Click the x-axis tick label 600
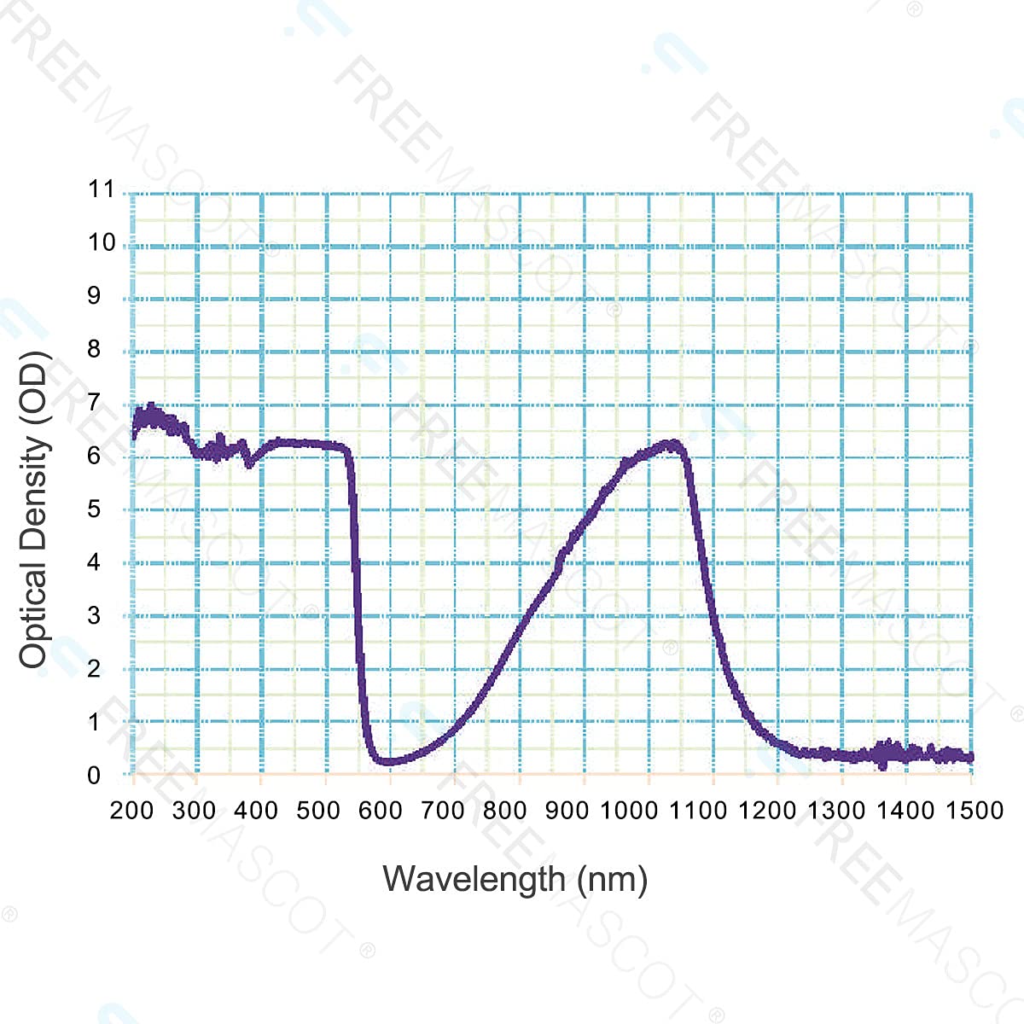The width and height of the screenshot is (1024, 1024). point(381,810)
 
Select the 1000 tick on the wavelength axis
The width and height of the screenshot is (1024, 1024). point(630,810)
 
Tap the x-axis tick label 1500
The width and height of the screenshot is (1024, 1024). point(975,810)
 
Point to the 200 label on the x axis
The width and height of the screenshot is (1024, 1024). point(131,810)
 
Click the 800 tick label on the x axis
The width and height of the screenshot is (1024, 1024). point(505,810)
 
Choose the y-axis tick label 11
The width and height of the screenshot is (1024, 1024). point(102,189)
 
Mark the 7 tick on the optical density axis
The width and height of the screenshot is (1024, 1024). point(94,402)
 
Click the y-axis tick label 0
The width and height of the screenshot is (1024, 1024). point(94,775)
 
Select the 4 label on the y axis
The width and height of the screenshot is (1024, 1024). point(94,561)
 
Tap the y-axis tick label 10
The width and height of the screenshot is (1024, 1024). point(102,242)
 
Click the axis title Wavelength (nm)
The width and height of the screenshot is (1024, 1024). point(515,879)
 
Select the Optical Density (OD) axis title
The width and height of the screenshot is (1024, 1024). point(34,509)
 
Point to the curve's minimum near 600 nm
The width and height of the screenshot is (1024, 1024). point(388,761)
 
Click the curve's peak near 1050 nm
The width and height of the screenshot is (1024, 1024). point(672,445)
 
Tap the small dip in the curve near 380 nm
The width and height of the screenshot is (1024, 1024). point(249,464)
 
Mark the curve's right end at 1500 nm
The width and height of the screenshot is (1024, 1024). point(970,757)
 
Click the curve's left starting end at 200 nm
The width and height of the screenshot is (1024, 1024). point(134,431)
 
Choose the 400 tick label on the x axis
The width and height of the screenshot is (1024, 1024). point(256,810)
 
